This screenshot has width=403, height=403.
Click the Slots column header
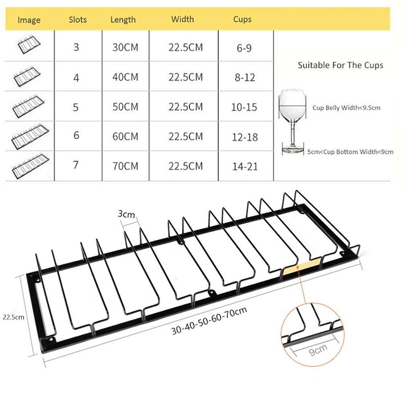78,19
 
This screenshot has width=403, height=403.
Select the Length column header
123,19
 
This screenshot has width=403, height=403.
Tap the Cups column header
242,19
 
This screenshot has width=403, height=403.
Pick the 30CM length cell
125,47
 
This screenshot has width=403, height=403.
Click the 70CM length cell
125,166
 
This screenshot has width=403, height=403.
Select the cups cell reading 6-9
244,48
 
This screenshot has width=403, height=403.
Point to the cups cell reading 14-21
245,166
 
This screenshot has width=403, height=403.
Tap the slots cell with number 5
76,107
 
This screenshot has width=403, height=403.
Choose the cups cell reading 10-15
244,107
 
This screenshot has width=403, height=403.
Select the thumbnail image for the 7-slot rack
30,166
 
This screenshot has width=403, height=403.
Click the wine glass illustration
293,122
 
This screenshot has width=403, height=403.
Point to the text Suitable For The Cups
341,65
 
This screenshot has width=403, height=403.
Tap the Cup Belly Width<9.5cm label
347,108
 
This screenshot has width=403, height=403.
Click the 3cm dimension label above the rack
126,214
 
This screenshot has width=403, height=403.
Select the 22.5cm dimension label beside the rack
14,317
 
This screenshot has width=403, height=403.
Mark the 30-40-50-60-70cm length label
209,321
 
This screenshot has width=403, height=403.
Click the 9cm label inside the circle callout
318,350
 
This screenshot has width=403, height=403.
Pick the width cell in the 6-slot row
185,137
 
